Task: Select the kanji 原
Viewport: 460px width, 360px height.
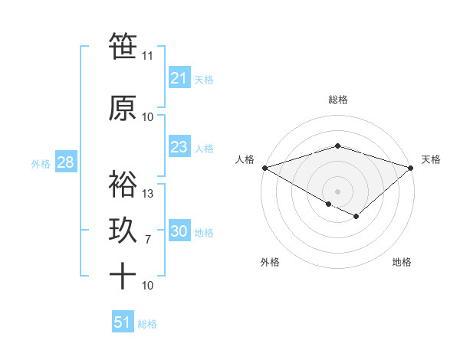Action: tap(123, 107)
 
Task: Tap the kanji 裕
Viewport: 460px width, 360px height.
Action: tap(123, 184)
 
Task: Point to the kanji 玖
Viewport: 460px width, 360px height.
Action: tap(123, 231)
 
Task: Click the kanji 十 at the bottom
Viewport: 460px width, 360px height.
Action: tap(123, 276)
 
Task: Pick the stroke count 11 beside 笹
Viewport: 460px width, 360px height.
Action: tap(148, 56)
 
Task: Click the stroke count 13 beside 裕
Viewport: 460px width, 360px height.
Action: tap(148, 194)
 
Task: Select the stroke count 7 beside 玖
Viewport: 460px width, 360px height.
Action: tap(148, 240)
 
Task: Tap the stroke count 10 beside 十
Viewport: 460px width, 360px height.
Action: tap(148, 286)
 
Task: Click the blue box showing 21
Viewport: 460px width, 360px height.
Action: tap(179, 78)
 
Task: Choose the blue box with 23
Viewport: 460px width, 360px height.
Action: tap(179, 147)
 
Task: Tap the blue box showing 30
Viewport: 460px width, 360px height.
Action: tap(179, 231)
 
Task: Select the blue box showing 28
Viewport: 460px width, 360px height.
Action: tap(65, 162)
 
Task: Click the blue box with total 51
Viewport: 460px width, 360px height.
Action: tap(122, 322)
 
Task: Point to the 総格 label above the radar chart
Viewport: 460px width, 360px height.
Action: tap(337, 100)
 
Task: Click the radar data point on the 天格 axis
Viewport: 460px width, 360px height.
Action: tap(411, 167)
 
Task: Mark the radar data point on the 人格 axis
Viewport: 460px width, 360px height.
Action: tap(264, 167)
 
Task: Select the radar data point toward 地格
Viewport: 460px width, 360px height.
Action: tap(356, 217)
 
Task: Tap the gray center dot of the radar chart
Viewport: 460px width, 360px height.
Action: tap(337, 191)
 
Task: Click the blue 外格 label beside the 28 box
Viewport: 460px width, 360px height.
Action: tap(40, 163)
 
